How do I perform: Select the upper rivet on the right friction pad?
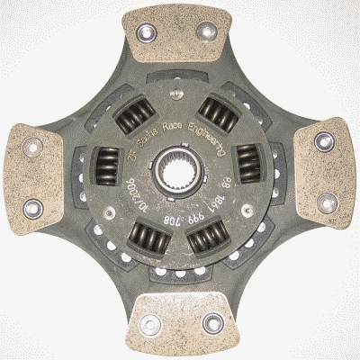(x=320, y=142)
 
